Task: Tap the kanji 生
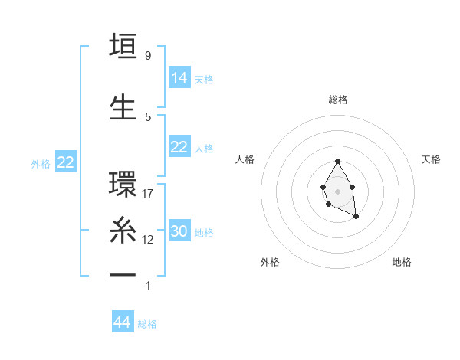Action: click(x=123, y=107)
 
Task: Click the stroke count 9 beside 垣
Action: click(x=147, y=56)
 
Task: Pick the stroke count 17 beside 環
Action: click(x=149, y=194)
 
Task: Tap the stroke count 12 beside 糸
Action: click(x=149, y=239)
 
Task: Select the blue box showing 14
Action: click(x=179, y=77)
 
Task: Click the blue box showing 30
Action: click(x=179, y=231)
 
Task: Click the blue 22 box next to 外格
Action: click(x=66, y=162)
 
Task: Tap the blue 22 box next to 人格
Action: click(x=179, y=147)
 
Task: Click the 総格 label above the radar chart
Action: click(x=338, y=100)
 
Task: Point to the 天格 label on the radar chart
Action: click(x=431, y=159)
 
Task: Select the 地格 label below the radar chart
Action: click(x=402, y=262)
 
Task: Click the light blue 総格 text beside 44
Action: click(x=147, y=324)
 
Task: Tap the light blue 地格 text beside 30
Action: click(x=204, y=233)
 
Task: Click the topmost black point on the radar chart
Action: click(x=337, y=162)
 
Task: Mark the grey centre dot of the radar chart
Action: click(x=337, y=191)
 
